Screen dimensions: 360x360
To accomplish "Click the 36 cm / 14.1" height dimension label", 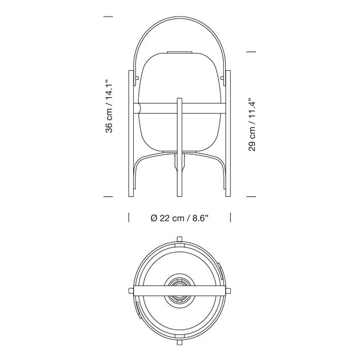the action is point(109,106).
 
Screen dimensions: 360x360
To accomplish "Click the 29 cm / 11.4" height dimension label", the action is point(252,125).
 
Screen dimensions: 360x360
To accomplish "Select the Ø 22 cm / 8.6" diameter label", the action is point(179,218).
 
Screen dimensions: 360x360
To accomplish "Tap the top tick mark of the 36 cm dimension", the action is point(108,17).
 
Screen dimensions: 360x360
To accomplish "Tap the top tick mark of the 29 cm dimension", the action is point(251,52).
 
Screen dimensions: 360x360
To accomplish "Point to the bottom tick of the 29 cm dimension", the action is point(251,197).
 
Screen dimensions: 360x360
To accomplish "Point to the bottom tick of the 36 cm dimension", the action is point(108,197).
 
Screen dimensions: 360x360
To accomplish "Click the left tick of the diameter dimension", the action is point(129,217).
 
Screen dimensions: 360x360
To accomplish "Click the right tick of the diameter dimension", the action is point(230,217).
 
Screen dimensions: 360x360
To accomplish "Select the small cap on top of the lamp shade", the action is point(179,53).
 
